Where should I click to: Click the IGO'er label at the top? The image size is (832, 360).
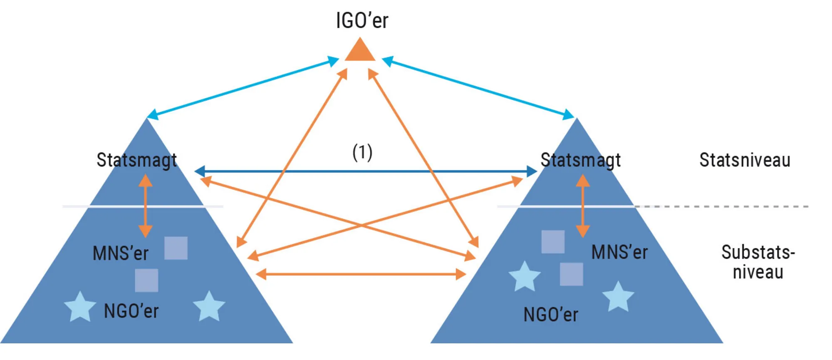coord(362,20)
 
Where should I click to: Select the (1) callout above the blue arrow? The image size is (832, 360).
coord(362,152)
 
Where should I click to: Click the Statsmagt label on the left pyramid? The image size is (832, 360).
coord(137,160)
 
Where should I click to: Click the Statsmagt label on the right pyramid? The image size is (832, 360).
coord(580,160)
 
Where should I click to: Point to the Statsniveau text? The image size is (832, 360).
coord(745,160)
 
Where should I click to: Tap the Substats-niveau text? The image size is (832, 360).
coord(758,262)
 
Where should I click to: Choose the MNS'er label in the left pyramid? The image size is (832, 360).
coord(121,253)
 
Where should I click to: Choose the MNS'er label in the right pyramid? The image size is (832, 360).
coord(619,252)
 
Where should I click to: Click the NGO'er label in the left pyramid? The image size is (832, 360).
coord(131,311)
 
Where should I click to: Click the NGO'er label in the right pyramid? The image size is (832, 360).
coord(551,315)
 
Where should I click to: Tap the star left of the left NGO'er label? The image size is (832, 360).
coord(80,307)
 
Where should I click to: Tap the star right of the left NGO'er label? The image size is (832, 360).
coord(209,307)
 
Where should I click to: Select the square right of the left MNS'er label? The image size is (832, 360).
coord(176,248)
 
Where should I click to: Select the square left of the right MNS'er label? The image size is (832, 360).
coord(553,242)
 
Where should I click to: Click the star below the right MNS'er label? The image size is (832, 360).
coord(618,297)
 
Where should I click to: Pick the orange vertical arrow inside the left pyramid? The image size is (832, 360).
coord(145,206)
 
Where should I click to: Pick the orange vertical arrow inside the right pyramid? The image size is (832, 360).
coord(582,206)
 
